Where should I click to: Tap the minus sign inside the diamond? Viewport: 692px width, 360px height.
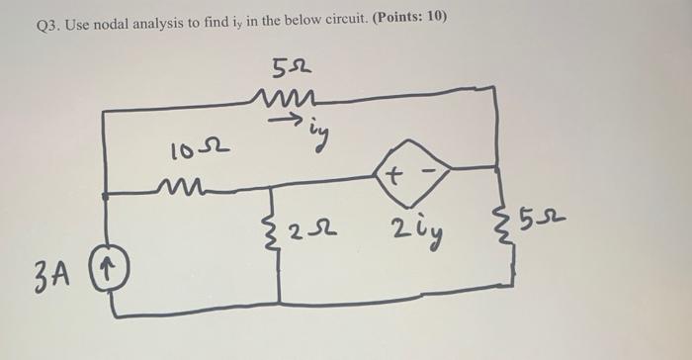click(426, 174)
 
